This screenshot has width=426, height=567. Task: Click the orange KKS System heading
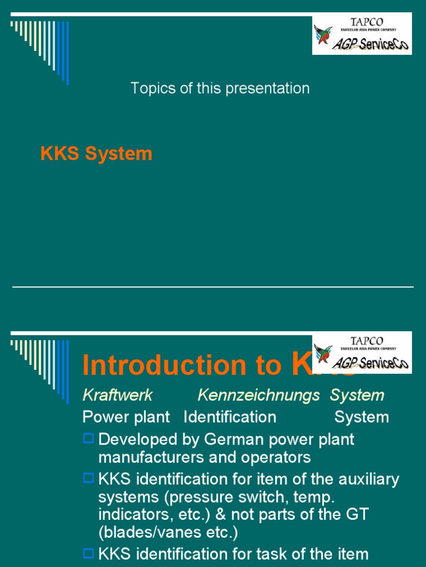coord(96,154)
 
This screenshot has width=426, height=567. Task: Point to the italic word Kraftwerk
coord(117,395)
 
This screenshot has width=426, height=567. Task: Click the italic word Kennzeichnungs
coord(258,395)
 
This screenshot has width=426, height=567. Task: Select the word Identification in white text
coord(230,417)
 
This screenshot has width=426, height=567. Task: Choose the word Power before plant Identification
coord(104,417)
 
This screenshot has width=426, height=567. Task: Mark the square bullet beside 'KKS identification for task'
coord(88,553)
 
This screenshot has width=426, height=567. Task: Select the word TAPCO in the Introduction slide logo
coord(367,341)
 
